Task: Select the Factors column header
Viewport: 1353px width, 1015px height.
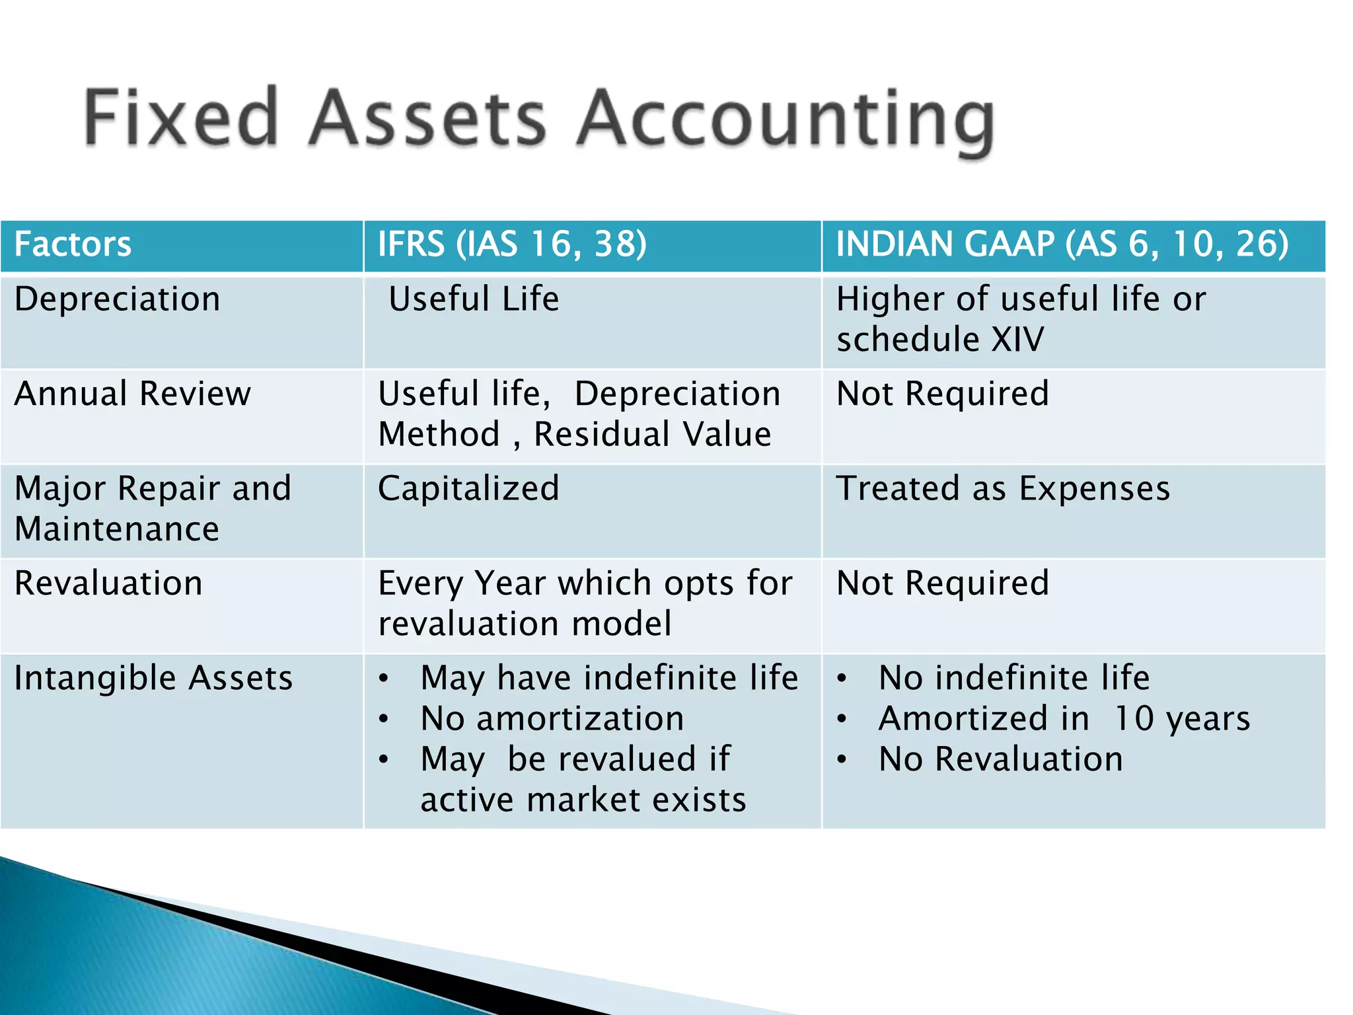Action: (73, 244)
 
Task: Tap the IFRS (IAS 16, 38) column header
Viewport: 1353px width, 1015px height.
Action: (512, 244)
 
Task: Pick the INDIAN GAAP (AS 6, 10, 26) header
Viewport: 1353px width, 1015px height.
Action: (1062, 244)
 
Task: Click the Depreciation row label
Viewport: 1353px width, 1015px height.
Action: (117, 299)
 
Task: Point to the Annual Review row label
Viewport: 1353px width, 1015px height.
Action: (133, 394)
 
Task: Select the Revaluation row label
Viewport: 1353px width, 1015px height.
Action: (108, 583)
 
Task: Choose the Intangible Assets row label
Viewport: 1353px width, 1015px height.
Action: (153, 679)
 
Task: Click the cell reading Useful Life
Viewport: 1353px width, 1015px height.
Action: (474, 299)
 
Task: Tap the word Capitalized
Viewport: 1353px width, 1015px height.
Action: (468, 489)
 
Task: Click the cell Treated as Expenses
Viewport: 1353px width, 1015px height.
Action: (1003, 489)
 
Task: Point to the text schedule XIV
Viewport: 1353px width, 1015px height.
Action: (940, 340)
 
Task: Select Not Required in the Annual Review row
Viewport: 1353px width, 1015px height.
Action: (943, 394)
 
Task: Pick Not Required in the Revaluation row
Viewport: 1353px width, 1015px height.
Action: (943, 583)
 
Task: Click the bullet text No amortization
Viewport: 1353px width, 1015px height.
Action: (552, 719)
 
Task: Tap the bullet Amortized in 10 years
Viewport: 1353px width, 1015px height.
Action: (1064, 719)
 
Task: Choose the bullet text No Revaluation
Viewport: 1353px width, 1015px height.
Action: (1000, 759)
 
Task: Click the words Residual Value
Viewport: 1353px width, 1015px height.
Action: (652, 435)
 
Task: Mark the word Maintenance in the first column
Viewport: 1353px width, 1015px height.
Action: (117, 529)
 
